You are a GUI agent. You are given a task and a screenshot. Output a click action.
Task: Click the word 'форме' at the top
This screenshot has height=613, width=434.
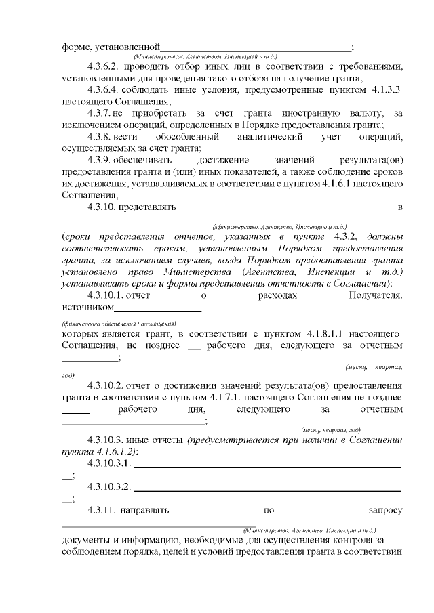76,47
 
